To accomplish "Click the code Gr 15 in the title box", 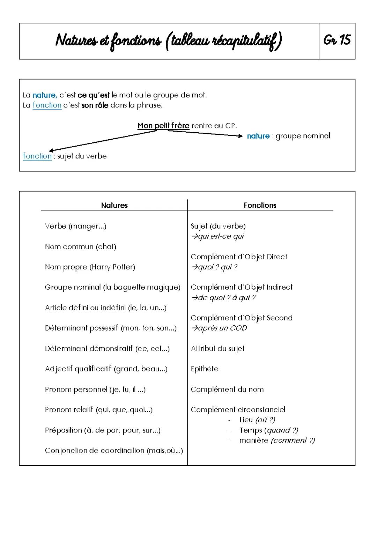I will [337, 40].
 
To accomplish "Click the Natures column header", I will [114, 205].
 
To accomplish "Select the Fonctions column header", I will [260, 205].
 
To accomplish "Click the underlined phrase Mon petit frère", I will [163, 126].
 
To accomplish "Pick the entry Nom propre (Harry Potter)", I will [90, 267].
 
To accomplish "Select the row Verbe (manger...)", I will [76, 226].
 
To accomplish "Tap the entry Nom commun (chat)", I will [81, 247].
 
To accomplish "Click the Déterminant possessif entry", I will [111, 328].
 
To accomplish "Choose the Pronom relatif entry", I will [99, 410].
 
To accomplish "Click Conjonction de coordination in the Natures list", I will [114, 451].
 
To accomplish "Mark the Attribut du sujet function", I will [217, 349].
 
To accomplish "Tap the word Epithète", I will [205, 369].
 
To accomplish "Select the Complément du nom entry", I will [227, 390].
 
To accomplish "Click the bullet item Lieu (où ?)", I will [257, 420].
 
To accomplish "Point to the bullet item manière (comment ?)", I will [277, 441].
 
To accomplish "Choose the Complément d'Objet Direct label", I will [239, 257].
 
